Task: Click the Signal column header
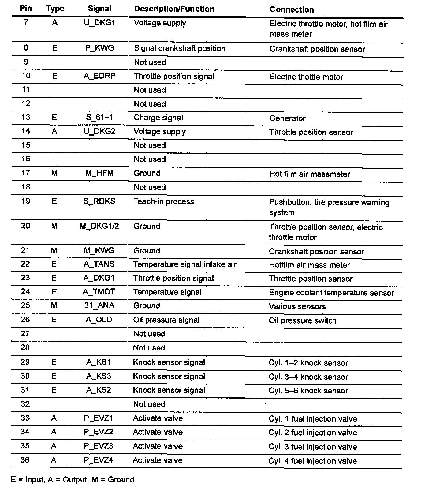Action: click(x=99, y=9)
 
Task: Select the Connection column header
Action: click(x=292, y=9)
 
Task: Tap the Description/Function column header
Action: click(x=174, y=9)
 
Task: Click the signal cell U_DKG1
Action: click(x=99, y=23)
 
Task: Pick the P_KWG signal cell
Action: click(x=99, y=48)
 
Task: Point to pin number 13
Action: click(x=26, y=117)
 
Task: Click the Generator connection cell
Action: click(x=287, y=118)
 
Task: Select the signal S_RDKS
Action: click(x=99, y=201)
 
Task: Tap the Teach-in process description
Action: click(x=164, y=201)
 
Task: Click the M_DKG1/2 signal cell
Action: click(x=99, y=226)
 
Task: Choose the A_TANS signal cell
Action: click(x=99, y=264)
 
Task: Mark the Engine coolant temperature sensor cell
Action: click(x=331, y=293)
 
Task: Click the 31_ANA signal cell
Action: click(x=99, y=305)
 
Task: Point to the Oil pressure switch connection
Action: click(x=303, y=320)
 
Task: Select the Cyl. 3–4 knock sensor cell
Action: click(x=308, y=377)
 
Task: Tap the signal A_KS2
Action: click(x=99, y=390)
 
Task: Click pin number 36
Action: click(x=25, y=460)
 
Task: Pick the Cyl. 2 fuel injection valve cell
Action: click(x=313, y=433)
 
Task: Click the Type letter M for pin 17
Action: click(x=54, y=173)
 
